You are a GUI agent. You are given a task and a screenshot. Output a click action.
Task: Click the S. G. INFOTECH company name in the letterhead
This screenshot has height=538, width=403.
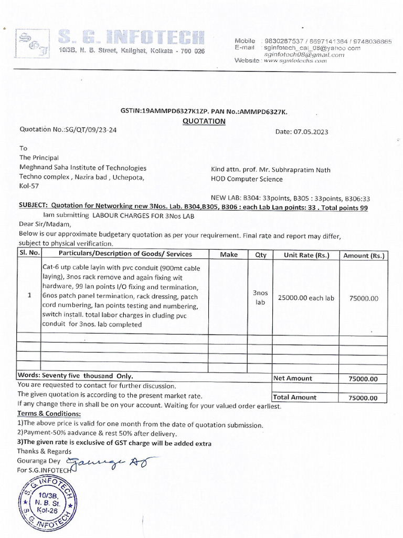pos(131,37)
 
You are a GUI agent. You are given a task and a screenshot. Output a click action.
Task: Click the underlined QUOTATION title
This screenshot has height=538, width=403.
pos(204,121)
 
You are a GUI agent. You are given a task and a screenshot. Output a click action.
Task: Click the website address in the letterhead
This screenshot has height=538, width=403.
pos(295,61)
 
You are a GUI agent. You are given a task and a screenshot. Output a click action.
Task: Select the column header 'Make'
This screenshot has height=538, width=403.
pos(229,254)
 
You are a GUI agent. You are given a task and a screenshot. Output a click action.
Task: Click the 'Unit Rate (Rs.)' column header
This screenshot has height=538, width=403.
pos(306,255)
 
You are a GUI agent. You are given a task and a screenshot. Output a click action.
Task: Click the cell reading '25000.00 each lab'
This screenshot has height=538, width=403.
pos(306,298)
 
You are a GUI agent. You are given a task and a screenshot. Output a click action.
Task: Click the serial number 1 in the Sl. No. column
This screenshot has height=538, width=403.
pos(29,296)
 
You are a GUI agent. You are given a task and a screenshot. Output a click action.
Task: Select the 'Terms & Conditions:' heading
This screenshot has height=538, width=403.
pos(49,415)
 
